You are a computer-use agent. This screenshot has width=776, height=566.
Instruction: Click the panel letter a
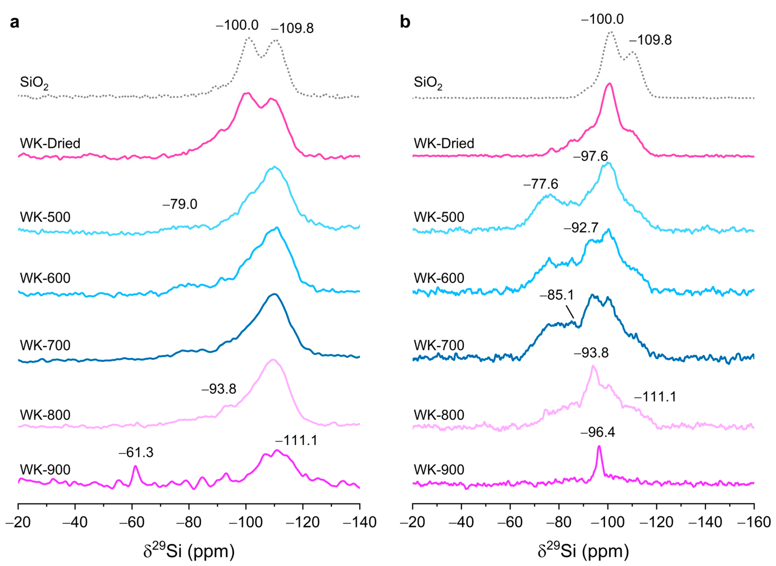(x=15, y=23)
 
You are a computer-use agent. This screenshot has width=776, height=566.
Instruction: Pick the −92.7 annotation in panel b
(x=581, y=227)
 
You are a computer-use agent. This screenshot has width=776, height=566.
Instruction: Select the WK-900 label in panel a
(x=45, y=469)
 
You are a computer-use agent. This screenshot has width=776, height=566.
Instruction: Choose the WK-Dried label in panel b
(x=444, y=143)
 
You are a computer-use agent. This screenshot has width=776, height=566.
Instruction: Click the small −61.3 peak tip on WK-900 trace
(x=135, y=466)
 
